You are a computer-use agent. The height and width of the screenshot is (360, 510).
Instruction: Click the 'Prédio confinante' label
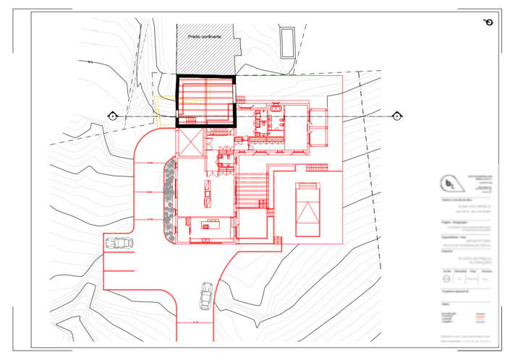click(x=204, y=35)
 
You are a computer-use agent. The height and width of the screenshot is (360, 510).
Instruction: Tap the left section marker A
click(x=113, y=116)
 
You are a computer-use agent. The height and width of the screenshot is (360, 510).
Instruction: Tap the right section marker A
click(x=397, y=116)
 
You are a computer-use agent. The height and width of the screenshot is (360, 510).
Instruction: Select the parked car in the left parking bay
click(x=118, y=244)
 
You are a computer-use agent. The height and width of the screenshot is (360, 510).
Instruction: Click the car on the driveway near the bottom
click(x=205, y=293)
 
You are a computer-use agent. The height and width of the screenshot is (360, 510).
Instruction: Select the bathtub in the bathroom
click(x=276, y=110)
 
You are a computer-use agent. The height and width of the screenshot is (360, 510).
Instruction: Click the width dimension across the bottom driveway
click(x=195, y=322)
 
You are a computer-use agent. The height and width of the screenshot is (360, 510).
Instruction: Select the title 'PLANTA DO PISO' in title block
click(x=466, y=259)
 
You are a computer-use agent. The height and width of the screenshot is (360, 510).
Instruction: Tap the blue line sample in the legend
click(x=480, y=322)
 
